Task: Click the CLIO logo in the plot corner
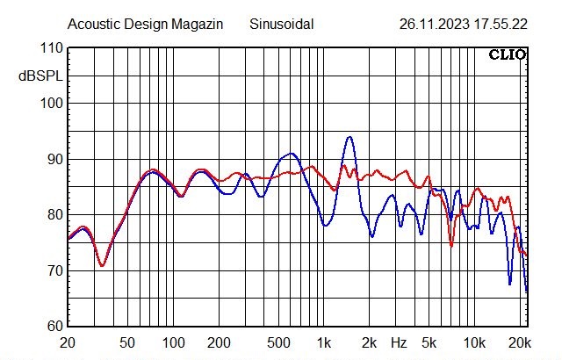507,54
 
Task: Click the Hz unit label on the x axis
399,342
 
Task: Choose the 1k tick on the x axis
324,342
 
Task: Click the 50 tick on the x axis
127,342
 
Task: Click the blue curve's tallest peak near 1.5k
349,137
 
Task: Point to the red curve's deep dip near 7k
451,246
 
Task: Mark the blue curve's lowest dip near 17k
509,284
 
